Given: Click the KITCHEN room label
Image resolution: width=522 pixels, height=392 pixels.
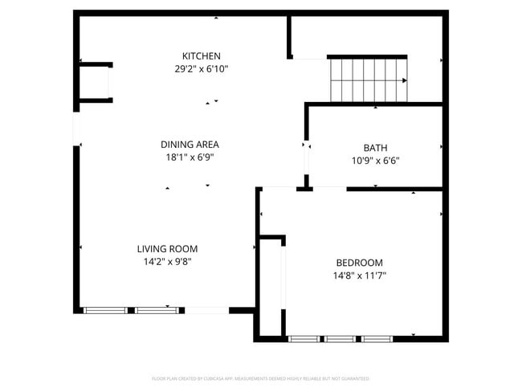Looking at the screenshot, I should coord(201,55).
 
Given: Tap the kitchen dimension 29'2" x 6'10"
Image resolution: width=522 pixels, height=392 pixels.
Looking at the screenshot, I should coord(201,69).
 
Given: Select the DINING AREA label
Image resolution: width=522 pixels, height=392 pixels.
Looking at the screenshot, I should coord(190,145).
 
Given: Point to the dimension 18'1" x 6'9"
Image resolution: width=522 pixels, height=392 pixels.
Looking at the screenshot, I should coord(190,158).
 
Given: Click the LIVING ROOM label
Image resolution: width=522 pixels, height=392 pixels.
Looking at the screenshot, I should coord(167,248).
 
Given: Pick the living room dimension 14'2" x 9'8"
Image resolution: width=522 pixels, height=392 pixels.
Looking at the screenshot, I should coord(167,262).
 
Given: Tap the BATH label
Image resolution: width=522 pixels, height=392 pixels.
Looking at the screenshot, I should coord(375,147).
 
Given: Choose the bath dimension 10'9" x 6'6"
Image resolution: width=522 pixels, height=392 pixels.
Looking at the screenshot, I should coord(375,161).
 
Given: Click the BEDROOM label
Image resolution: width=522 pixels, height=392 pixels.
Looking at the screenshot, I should coord(358,263).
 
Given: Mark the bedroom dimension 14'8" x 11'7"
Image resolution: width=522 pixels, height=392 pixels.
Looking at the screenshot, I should coord(358,276).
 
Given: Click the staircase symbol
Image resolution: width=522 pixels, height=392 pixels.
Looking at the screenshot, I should coord(368,80).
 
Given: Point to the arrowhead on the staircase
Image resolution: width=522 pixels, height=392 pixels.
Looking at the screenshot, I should coord(404,80).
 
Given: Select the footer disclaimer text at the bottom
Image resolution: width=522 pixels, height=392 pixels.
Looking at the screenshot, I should coord(260,378).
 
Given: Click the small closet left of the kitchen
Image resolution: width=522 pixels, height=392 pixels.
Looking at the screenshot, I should coord(94,82).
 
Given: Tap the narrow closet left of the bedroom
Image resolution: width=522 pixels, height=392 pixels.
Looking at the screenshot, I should coord(271,288).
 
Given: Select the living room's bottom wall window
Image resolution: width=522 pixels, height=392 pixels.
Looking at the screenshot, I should coord(131,310).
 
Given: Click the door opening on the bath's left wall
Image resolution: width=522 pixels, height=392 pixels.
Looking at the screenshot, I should coord(305,157).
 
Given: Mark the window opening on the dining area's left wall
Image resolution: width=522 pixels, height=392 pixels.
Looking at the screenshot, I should coord(76,129).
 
